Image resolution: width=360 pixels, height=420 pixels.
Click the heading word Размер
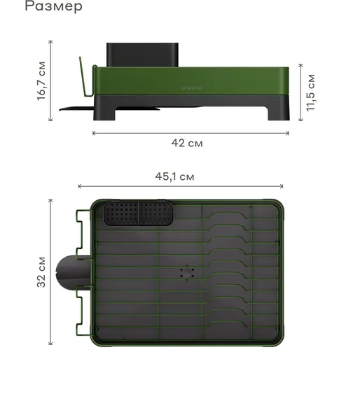click(53, 6)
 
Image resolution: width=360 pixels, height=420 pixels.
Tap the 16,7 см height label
click(41, 81)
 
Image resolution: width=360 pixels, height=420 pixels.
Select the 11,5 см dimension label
click(311, 92)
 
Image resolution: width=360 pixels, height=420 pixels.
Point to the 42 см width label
click(187, 143)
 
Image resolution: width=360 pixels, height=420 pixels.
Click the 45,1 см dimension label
click(174, 176)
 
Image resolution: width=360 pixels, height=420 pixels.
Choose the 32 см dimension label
click(41, 272)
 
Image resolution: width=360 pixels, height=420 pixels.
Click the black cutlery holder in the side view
click(142, 55)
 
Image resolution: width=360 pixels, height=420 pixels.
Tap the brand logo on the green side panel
click(191, 87)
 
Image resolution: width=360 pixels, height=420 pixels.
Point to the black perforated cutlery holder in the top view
click(138, 213)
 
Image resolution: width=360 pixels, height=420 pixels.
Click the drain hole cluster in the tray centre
click(187, 273)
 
